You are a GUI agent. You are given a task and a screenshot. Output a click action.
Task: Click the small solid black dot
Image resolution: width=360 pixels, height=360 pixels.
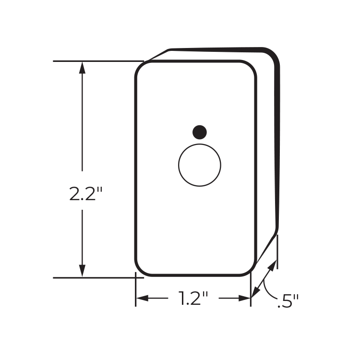[200, 132]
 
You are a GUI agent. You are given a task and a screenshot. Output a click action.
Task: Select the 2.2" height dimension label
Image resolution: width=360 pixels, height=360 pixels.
[85, 193]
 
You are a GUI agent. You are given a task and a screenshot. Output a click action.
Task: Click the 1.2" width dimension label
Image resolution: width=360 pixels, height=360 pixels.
[193, 298]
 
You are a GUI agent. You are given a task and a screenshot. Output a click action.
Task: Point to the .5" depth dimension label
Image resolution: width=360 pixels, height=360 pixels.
[288, 301]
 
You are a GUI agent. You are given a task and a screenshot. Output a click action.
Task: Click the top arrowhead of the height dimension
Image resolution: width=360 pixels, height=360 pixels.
[82, 68]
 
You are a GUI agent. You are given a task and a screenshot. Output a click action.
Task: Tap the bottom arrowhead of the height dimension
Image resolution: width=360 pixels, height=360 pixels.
[82, 271]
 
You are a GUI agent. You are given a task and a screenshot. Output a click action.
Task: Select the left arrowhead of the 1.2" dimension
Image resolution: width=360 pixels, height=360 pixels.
[143, 298]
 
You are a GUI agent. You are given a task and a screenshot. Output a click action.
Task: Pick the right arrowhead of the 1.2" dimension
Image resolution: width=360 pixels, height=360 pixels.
[244, 298]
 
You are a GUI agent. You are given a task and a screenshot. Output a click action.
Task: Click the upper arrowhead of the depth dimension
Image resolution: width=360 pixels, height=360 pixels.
[273, 265]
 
